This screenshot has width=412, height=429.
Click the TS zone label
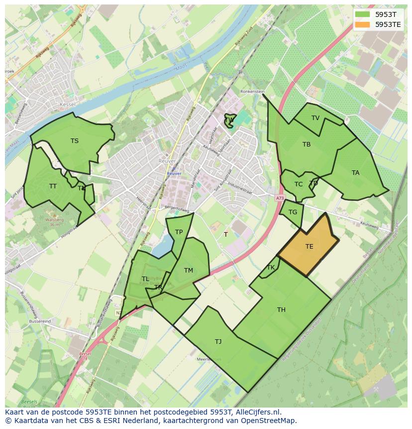75,141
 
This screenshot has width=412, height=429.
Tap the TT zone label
53,186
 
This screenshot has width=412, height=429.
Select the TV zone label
315,118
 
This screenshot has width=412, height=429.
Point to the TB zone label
307,144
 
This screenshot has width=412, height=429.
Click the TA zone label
355,173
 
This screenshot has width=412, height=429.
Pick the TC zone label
299,184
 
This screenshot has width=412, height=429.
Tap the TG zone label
293,212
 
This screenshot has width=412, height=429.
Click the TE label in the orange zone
309,247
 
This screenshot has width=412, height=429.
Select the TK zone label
271,268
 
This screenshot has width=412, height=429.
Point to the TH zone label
282,310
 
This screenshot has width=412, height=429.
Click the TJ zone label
218,342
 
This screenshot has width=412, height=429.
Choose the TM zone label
189,271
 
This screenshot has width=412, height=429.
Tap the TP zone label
179,232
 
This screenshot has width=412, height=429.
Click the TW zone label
229,120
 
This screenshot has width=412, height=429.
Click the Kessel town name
67,104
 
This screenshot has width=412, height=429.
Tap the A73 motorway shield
280,198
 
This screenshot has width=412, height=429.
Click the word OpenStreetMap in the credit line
269,421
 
